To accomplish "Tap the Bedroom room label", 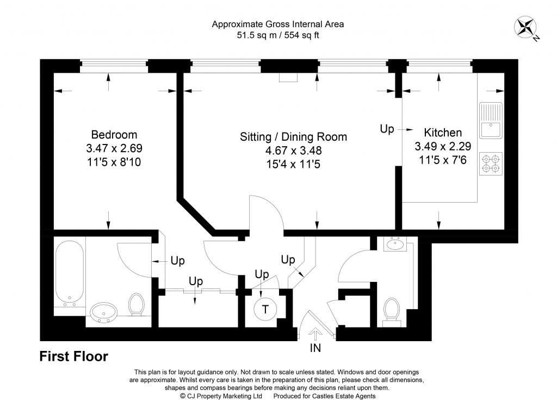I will [114, 135].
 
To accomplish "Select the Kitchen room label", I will [443, 132].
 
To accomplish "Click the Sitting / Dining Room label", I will [293, 137].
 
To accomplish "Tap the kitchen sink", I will [491, 121].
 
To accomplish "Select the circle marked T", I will [265, 310].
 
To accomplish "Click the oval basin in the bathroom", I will [103, 312].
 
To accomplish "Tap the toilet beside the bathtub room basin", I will [135, 304].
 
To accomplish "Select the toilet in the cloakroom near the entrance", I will [391, 311].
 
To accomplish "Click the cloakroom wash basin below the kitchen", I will [394, 245].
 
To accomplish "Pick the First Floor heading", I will [74, 357].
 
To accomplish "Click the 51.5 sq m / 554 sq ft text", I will [278, 35].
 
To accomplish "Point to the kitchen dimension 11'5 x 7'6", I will [443, 159].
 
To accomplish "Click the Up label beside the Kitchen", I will [387, 129].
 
